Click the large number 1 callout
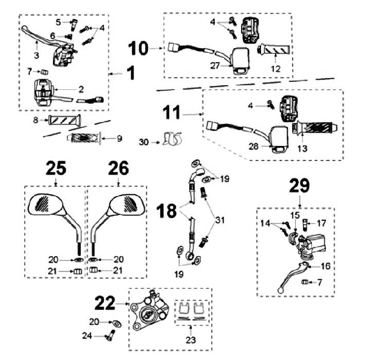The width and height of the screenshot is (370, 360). [x=131, y=73]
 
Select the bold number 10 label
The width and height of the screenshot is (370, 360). [x=137, y=49]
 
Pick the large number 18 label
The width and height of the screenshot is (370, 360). [x=170, y=211]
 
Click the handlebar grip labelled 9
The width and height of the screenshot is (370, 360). [x=82, y=138]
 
